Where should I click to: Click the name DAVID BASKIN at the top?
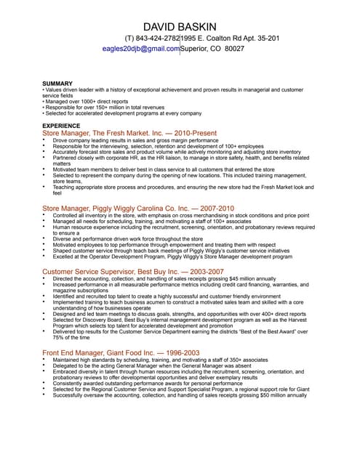(x=180, y=28)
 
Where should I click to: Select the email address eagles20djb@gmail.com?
(x=141, y=49)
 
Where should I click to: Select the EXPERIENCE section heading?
(x=62, y=126)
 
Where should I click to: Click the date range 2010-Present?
(x=195, y=134)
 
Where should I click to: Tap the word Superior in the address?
(x=197, y=49)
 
